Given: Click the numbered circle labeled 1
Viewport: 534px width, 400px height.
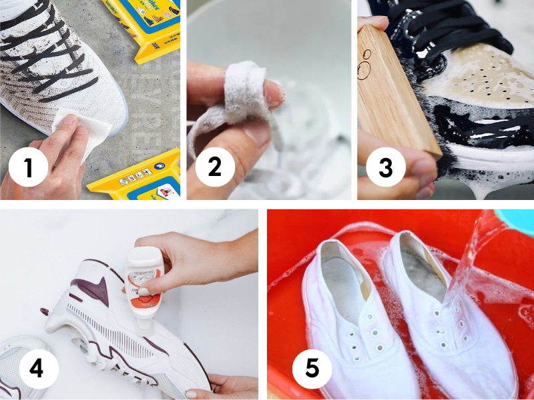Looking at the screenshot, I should pos(28,167).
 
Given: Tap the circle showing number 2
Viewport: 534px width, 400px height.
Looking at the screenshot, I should pos(214,167).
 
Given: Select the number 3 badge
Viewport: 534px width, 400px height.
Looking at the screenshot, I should pos(385,167).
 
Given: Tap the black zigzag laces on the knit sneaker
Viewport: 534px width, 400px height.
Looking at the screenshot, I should pos(53,53).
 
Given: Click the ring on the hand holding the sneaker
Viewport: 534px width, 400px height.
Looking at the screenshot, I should pos(217,387).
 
